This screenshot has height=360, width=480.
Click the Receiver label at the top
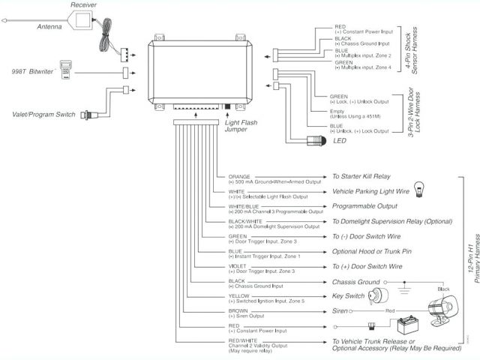[84, 5]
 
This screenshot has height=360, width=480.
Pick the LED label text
[340, 139]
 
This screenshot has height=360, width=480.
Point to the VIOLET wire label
[238, 266]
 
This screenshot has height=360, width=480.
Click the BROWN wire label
[238, 310]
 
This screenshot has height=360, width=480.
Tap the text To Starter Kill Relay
[361, 177]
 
